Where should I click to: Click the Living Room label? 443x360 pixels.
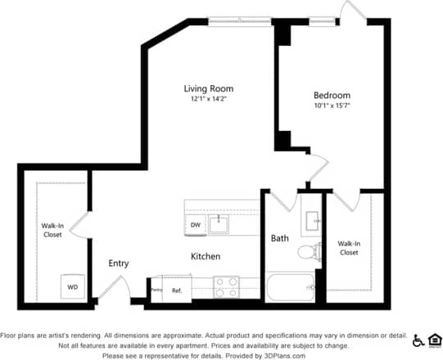click(208, 88)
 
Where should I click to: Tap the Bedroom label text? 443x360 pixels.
click(332, 94)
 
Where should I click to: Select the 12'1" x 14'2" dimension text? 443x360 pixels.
click(208, 99)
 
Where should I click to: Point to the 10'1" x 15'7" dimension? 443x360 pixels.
click(332, 105)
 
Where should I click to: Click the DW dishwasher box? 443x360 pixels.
click(196, 223)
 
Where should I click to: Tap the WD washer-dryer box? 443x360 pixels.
click(73, 286)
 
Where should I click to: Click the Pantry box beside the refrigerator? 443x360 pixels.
click(156, 289)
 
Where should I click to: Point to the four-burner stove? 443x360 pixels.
click(225, 286)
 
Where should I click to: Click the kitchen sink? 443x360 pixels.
click(219, 223)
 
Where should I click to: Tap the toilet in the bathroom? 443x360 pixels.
click(308, 251)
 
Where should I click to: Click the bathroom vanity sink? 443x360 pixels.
click(312, 219)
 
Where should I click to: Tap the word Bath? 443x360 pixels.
click(280, 238)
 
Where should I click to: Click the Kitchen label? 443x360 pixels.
click(206, 256)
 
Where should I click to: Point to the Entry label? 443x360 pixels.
click(120, 263)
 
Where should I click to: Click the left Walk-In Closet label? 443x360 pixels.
click(52, 230)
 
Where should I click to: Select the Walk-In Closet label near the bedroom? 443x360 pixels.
click(349, 248)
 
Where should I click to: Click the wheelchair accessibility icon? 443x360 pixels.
click(418, 340)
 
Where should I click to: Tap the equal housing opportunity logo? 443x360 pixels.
click(434, 340)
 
